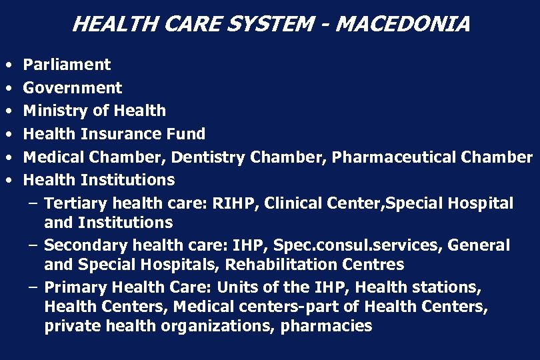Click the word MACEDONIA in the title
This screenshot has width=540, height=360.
pyautogui.click(x=403, y=25)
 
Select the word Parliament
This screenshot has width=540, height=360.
pyautogui.click(x=67, y=65)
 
